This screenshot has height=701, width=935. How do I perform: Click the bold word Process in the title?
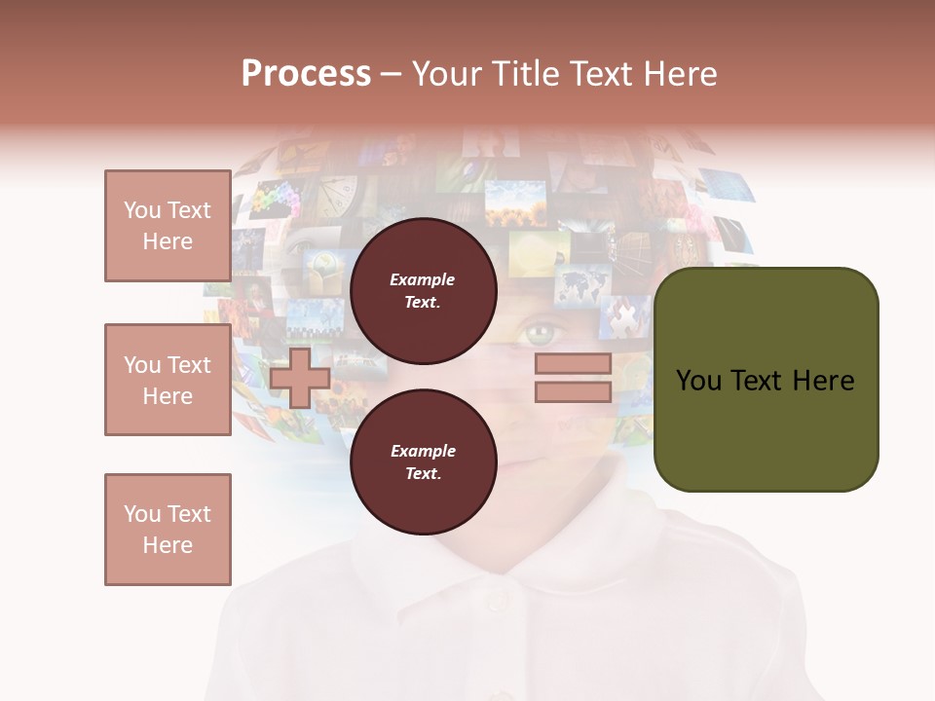click(306, 73)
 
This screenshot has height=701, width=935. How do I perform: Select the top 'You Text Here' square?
click(168, 226)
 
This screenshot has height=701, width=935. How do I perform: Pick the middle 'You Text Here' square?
click(168, 380)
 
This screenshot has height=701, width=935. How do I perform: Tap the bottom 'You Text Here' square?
click(168, 530)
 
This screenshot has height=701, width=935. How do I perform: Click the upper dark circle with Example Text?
click(423, 290)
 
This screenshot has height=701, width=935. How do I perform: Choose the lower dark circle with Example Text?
click(423, 461)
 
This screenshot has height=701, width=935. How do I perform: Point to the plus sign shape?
click(300, 378)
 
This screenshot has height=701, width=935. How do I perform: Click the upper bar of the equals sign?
click(573, 364)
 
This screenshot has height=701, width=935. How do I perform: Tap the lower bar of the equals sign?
click(573, 392)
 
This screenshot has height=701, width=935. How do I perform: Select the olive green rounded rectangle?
click(766, 380)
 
